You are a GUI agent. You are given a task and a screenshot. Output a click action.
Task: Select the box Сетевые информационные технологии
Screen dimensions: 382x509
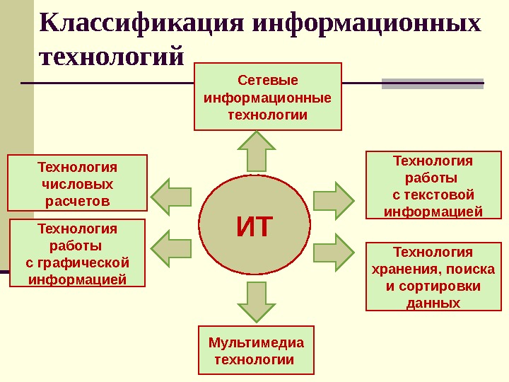tap(268, 97)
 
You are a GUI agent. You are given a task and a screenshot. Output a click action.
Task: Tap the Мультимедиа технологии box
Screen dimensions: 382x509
tap(256, 350)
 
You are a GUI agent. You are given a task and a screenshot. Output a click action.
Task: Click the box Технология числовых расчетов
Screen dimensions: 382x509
tap(77, 183)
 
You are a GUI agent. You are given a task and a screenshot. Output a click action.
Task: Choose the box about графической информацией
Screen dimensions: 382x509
tap(77, 253)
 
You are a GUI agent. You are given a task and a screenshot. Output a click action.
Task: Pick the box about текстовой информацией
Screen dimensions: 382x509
tap(433, 185)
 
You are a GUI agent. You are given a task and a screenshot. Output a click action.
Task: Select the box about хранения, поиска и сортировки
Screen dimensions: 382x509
tap(433, 277)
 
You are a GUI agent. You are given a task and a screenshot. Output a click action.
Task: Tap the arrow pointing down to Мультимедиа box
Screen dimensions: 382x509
tap(256, 301)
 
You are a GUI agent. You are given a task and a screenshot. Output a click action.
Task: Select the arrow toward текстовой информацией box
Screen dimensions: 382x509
tap(334, 197)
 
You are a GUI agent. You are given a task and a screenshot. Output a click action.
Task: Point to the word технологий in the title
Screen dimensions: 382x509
tap(112, 56)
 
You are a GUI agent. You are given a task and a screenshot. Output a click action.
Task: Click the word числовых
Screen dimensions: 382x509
tap(77, 184)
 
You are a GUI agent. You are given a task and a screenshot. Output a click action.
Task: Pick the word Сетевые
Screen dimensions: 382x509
tap(268, 80)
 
